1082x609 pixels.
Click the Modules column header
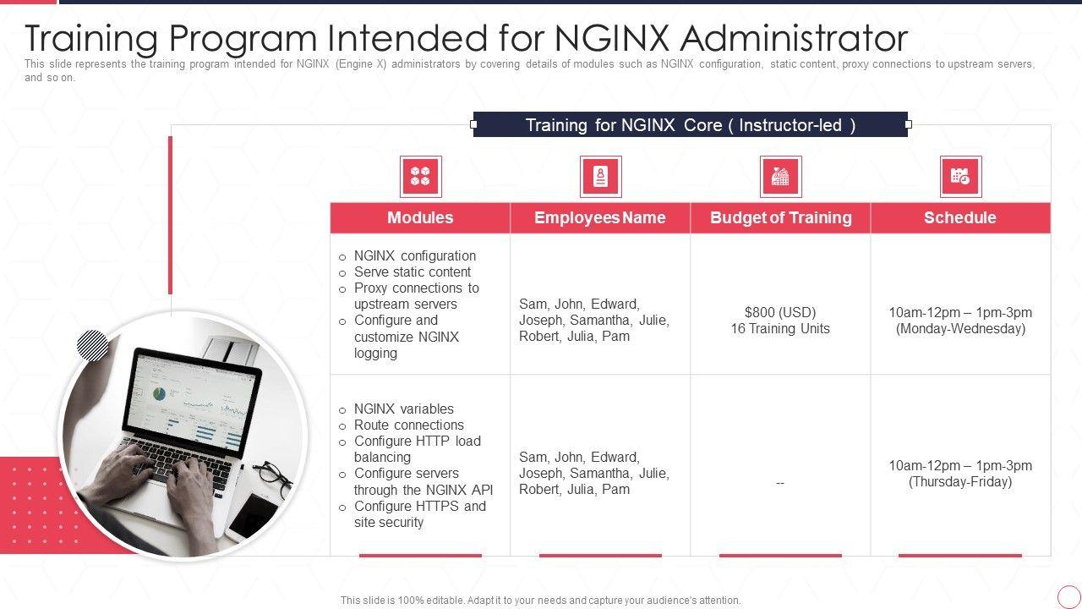coord(420,217)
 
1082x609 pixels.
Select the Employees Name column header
coord(600,217)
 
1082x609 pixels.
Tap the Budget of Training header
coord(780,217)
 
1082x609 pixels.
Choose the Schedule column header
coord(960,217)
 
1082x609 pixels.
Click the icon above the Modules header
coord(420,177)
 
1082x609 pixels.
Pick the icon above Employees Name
coord(600,177)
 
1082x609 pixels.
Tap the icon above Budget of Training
coord(780,177)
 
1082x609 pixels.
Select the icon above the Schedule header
coord(960,177)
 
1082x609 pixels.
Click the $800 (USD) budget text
coord(780,312)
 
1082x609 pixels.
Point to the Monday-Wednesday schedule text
coord(960,329)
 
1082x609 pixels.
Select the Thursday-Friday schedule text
coord(960,482)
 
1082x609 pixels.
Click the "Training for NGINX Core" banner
coord(690,125)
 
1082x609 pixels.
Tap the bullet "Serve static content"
coord(412,272)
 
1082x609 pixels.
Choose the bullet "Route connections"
coord(408,425)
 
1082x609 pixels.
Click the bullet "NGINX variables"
coord(403,409)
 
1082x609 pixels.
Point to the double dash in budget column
coord(780,483)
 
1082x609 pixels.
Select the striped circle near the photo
coord(92,346)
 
